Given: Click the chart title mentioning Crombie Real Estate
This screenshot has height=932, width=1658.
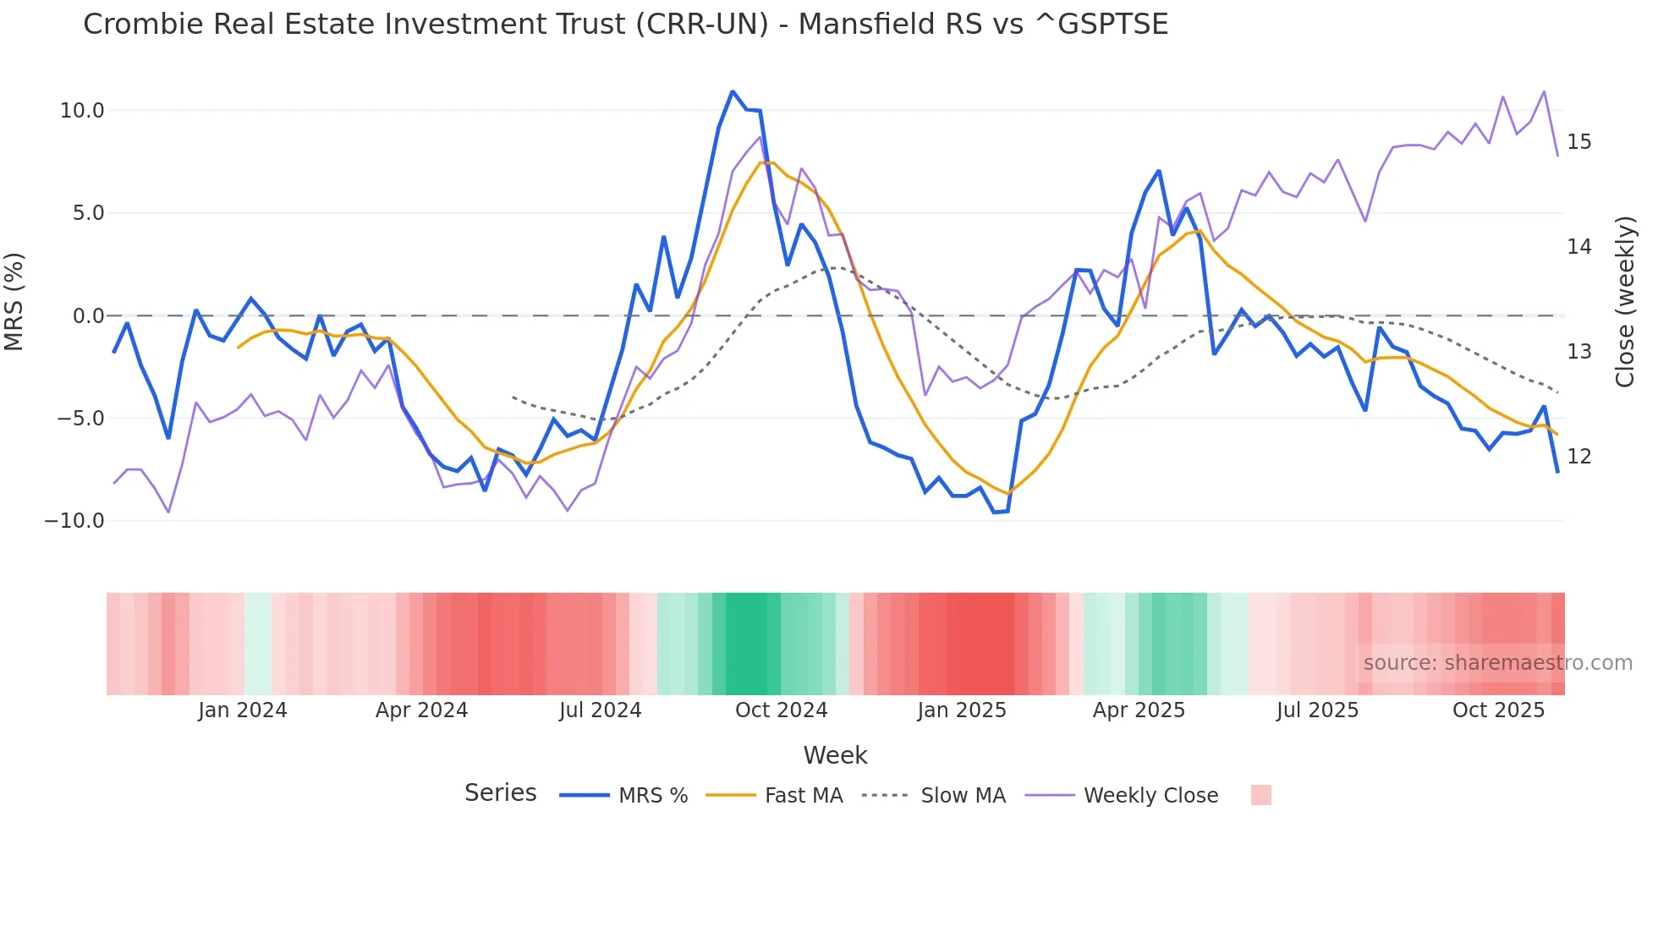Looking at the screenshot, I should coord(625,25).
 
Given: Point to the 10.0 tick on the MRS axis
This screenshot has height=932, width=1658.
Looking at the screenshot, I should coord(82,111).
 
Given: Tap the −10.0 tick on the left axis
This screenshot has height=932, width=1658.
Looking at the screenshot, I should coord(74,521).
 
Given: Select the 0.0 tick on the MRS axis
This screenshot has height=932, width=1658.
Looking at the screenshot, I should coord(88,316).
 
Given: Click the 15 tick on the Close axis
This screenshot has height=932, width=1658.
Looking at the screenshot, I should coord(1578,142).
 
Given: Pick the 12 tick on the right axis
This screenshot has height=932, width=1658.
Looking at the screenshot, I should coord(1578,457).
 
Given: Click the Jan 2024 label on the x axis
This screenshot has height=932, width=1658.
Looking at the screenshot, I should coord(243,710).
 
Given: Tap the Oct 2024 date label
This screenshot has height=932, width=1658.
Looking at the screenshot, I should coord(781,710).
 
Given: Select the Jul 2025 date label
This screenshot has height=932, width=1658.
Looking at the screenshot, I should coord(1317,710).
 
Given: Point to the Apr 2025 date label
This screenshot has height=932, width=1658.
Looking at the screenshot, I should coord(1139,710).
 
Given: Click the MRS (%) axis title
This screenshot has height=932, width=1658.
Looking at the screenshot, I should coord(14,301).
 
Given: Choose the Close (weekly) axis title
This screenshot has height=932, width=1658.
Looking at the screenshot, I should coord(1625,302).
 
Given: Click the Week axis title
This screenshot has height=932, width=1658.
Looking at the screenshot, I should coord(835,755).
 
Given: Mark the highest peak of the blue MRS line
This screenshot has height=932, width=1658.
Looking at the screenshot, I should coord(732,91).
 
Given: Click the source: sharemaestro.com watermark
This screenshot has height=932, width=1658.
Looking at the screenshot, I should coord(1497,663).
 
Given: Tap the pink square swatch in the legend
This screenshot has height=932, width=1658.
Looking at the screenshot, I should coord(1260,795).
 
